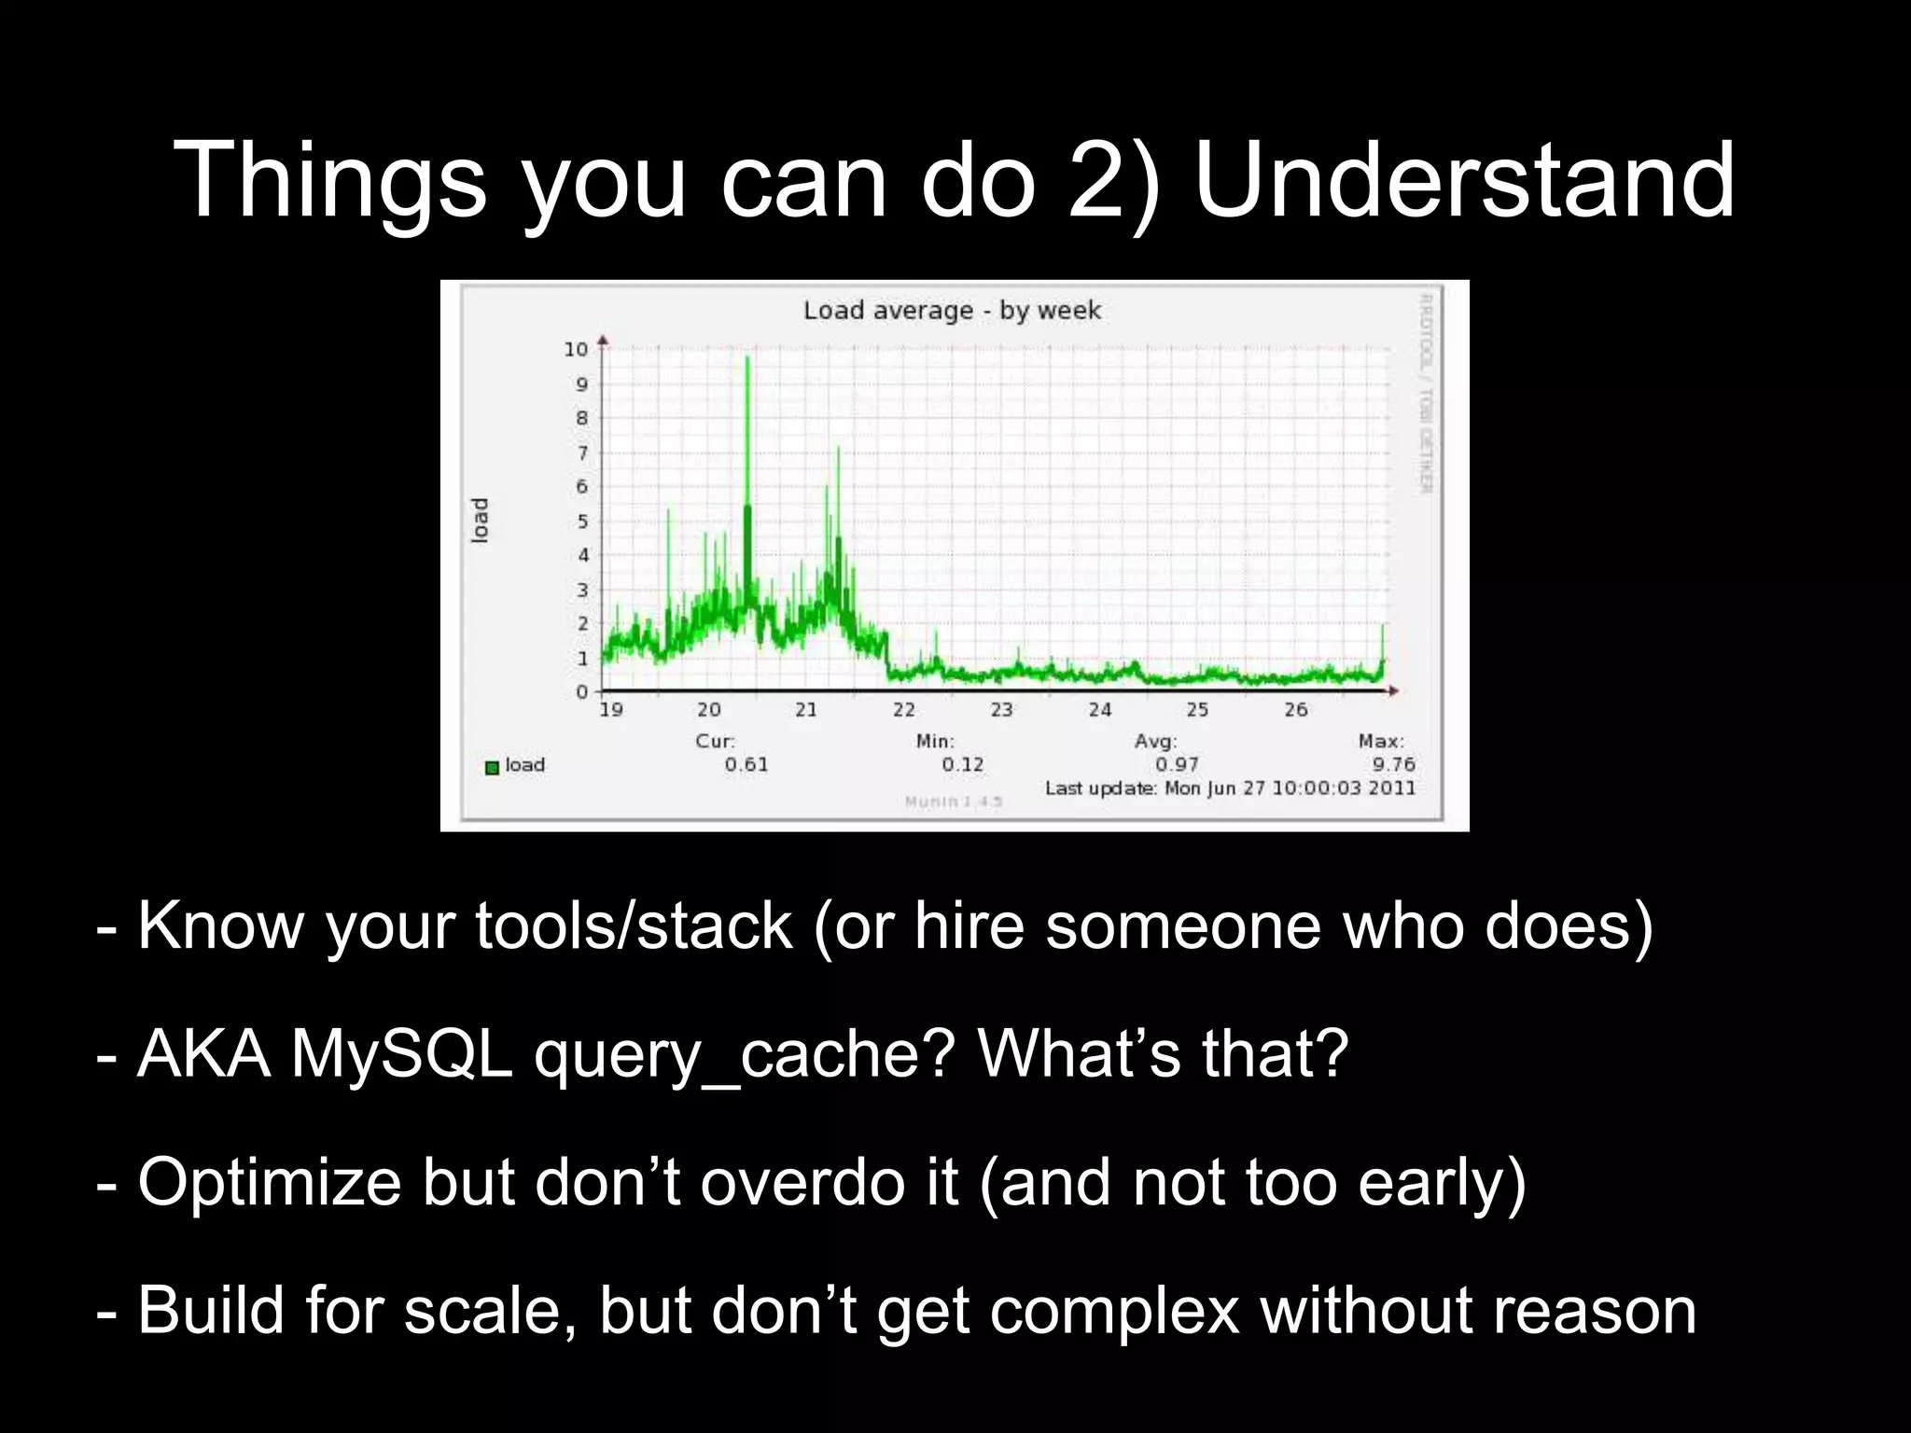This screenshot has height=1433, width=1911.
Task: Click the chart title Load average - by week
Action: point(952,310)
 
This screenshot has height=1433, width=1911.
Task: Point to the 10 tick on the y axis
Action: point(576,350)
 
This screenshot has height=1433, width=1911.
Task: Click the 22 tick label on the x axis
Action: point(903,710)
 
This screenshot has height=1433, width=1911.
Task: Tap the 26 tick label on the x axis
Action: point(1295,710)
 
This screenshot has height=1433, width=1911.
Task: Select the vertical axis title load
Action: point(480,521)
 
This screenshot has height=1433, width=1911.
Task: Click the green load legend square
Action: point(492,768)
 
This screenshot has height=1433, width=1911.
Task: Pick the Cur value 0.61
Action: point(746,765)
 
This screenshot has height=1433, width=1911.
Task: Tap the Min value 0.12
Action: point(962,765)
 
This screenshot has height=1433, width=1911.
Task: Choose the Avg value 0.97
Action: point(1177,765)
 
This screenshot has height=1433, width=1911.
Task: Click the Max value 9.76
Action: point(1393,765)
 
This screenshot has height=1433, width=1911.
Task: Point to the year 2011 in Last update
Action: point(1392,788)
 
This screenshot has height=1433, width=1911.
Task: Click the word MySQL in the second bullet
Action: point(401,1054)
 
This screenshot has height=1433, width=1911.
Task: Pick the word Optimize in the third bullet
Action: point(270,1183)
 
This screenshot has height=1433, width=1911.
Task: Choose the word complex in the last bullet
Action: point(1113,1312)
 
